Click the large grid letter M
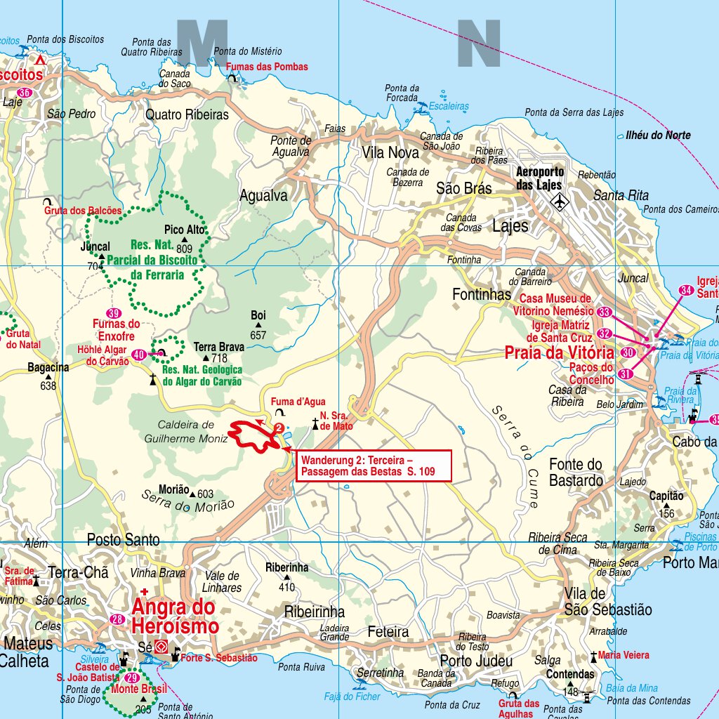click(202, 44)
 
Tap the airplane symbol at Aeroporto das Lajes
click(560, 202)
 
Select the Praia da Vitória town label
click(559, 352)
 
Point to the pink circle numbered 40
click(139, 355)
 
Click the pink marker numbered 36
click(25, 93)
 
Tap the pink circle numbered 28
click(117, 619)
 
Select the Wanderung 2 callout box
click(373, 466)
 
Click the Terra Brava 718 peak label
click(218, 352)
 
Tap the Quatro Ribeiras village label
click(187, 114)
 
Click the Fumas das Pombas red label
click(267, 67)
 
